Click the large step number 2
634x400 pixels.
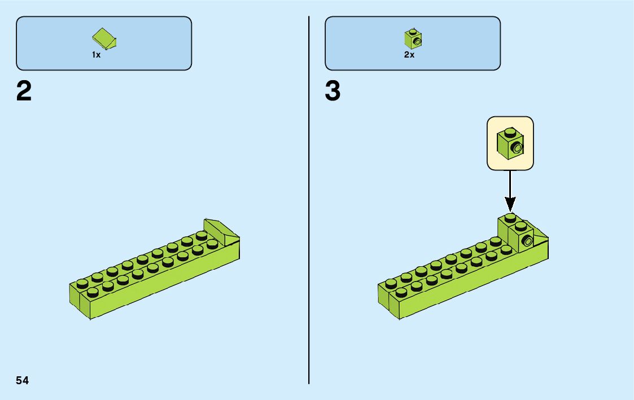24,91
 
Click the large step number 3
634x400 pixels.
333,91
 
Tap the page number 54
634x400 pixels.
22,380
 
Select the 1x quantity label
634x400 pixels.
96,55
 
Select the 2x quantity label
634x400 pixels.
409,55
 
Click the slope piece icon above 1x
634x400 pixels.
104,38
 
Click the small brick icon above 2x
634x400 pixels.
413,38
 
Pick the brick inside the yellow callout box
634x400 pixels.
510,144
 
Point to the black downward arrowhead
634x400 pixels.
510,204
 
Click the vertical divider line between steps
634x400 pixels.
309,200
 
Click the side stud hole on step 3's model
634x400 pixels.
527,241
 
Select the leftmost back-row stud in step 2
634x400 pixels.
82,283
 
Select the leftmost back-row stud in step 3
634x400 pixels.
391,283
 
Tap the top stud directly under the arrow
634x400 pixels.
510,218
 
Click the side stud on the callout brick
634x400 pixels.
517,147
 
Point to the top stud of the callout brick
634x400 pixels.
510,132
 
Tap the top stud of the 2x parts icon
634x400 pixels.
413,31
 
